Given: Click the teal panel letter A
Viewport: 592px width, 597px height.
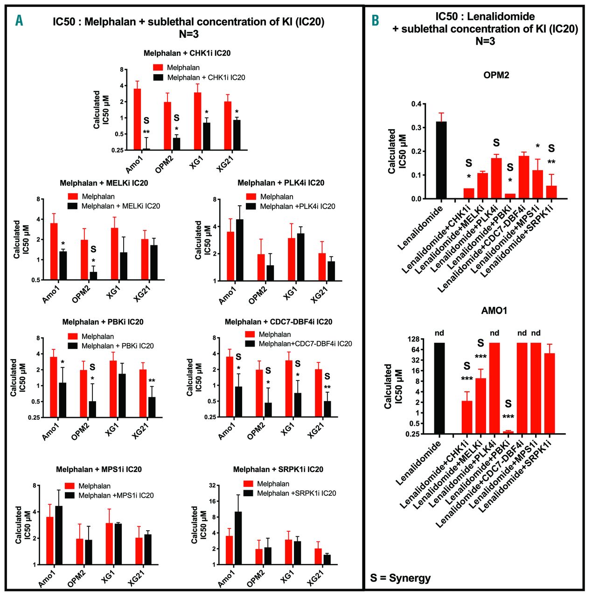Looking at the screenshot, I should (19, 21).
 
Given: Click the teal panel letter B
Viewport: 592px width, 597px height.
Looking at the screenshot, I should (376, 21).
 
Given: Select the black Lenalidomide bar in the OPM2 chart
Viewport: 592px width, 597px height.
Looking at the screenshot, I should (441, 160).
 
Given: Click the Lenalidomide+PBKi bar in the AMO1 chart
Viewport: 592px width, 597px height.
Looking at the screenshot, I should (508, 432).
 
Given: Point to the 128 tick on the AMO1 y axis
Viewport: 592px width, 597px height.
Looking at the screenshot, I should (412, 339).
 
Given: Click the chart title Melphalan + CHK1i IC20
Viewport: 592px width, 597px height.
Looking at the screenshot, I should (187, 53).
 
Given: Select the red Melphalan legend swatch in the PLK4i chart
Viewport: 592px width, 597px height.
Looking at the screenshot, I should (251, 197).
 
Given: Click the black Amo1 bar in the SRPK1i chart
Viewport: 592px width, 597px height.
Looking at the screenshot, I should (238, 538).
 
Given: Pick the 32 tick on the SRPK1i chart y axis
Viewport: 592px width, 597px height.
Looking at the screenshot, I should (212, 486).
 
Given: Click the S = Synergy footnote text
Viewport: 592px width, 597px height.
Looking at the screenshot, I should (400, 578).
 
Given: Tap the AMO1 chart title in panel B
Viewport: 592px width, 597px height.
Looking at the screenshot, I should (494, 311).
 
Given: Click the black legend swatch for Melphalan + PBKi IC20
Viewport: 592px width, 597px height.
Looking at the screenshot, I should (72, 346).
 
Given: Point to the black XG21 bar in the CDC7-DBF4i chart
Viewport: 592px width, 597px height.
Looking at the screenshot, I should (327, 409).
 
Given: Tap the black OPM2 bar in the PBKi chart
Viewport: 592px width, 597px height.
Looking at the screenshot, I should (92, 409).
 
